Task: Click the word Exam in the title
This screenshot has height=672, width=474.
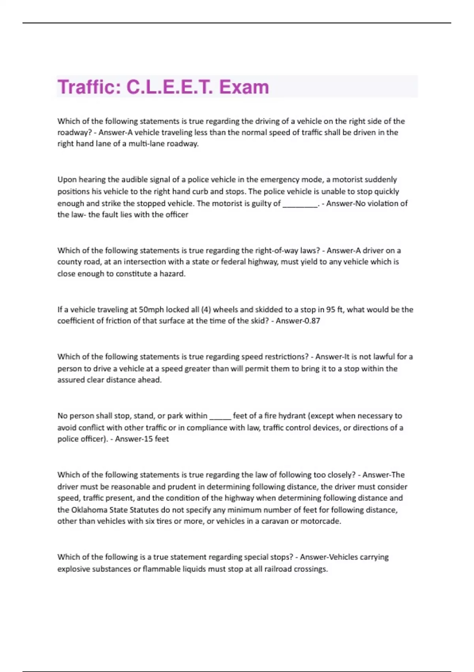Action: tap(244, 87)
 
